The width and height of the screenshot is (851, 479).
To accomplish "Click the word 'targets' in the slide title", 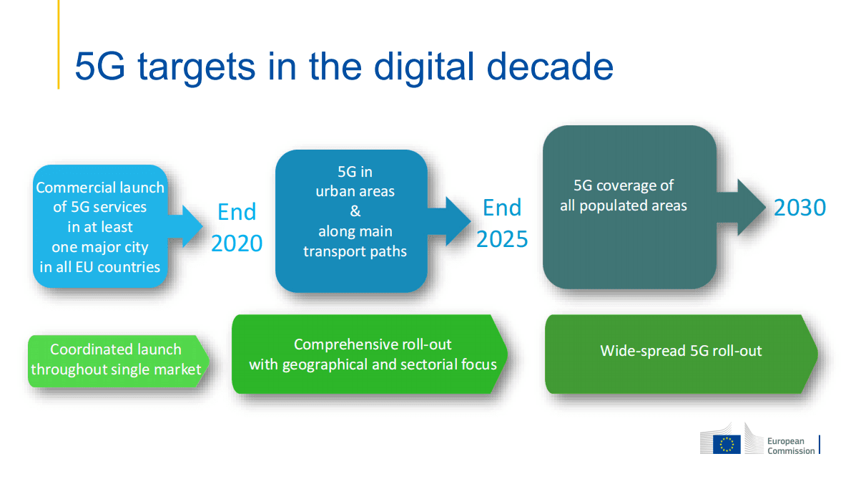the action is [197, 67].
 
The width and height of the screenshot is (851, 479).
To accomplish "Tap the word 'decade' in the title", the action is [550, 67].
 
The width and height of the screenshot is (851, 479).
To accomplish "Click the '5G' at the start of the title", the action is [100, 67].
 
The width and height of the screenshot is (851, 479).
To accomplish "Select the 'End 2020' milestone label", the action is [237, 228].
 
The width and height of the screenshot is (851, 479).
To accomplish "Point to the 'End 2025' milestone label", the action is [502, 223].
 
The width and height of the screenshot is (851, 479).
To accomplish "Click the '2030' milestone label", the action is [800, 208].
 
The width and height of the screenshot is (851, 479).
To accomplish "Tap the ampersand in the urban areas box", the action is [355, 211].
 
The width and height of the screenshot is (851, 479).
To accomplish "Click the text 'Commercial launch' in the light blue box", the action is [100, 188].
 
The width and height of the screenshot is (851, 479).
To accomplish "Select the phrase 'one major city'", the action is [100, 247].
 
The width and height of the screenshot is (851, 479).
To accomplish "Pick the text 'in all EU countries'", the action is [100, 266].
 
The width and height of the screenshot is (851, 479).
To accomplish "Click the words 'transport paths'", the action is [355, 251].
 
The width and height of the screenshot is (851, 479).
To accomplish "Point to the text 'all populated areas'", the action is [624, 205].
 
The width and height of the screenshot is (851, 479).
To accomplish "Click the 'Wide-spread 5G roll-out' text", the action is [681, 351].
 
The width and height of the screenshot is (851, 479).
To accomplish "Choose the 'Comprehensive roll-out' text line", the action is [373, 344].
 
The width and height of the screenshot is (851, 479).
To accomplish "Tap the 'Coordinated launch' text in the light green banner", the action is [116, 349].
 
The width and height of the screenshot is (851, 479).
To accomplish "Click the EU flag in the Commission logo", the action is [727, 444].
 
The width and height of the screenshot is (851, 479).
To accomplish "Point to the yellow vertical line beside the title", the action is [59, 44].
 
